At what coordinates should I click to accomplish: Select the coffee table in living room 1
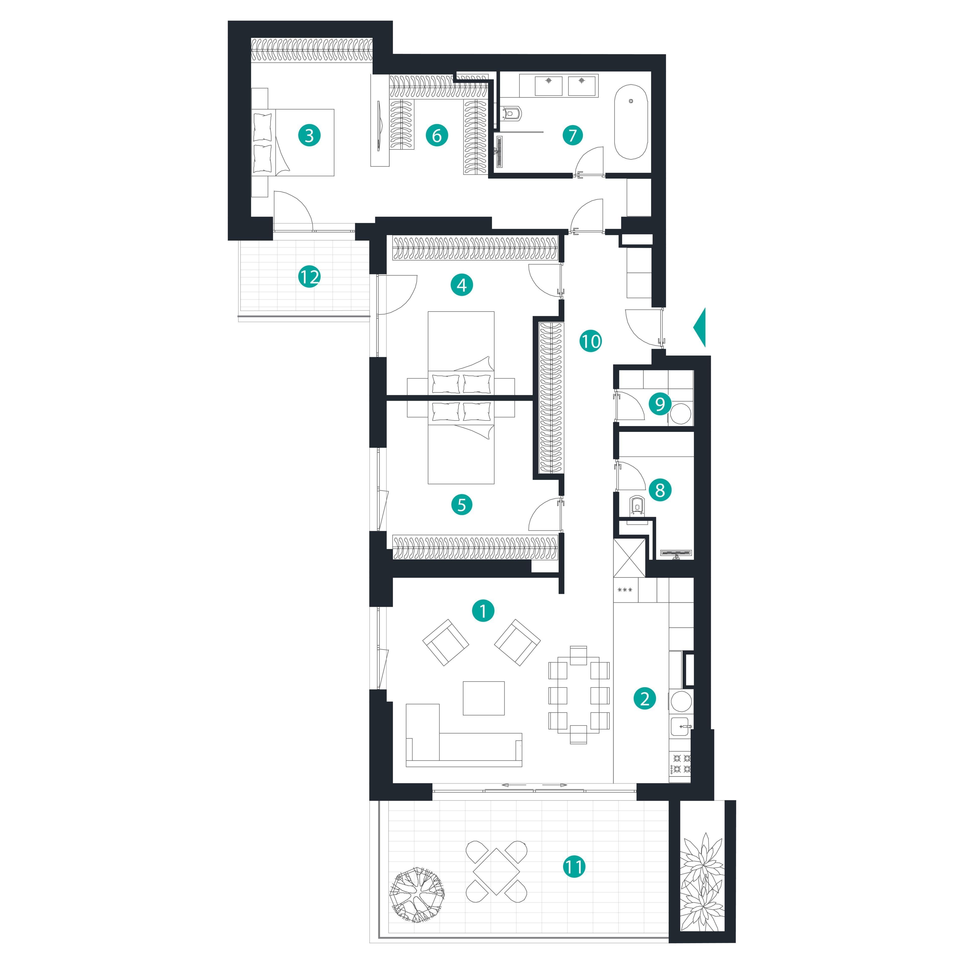point(484,698)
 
